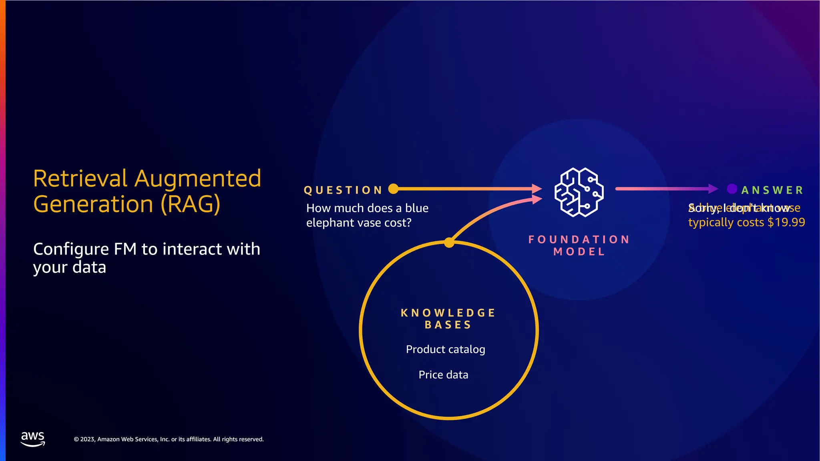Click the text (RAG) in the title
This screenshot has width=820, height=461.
coord(190,204)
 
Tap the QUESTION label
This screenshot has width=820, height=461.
coord(343,190)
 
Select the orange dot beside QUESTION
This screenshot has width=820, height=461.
coord(393,188)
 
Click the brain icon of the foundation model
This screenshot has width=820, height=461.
coord(579,192)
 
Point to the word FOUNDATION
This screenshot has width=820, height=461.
coord(579,239)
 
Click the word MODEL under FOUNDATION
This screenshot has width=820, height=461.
coord(579,252)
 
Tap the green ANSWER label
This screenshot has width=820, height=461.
coord(772,190)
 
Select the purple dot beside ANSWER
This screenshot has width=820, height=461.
coord(732,188)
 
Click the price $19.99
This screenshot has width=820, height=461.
coord(786,222)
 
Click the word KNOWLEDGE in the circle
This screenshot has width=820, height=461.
coord(448,313)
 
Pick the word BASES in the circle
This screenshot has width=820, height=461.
coord(448,325)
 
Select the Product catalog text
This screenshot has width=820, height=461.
coord(445,349)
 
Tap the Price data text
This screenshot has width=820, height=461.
coord(443,375)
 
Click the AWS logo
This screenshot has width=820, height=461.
coord(33,439)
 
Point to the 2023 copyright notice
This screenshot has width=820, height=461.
coord(169,439)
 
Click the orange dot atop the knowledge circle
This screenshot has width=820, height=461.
coord(449,243)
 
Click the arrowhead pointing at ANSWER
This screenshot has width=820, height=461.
coord(713,188)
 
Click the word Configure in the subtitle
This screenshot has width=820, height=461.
coord(70,250)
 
